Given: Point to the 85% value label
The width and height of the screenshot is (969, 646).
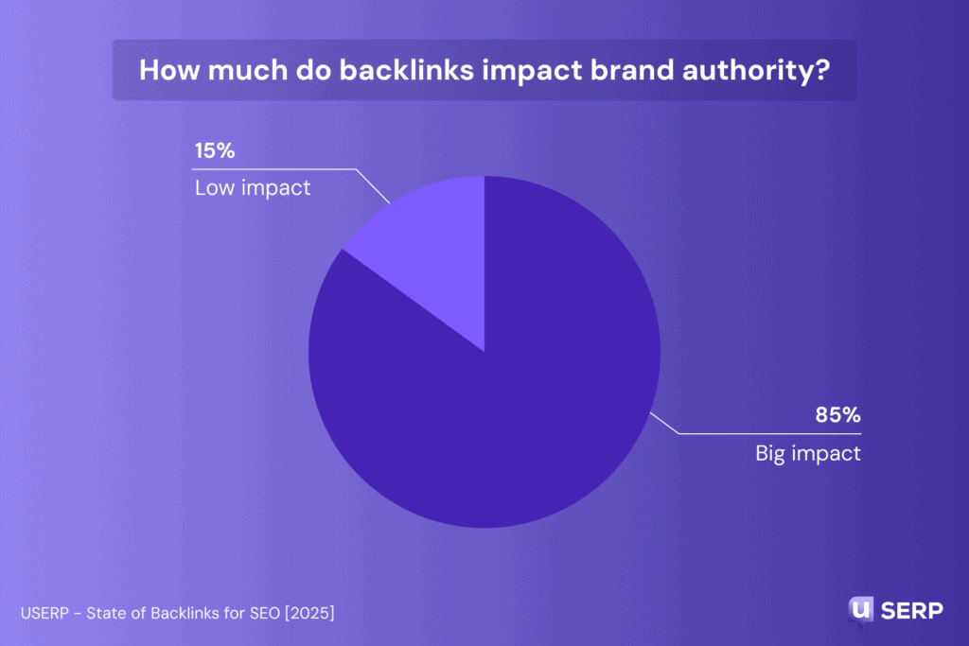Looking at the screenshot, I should (837, 415).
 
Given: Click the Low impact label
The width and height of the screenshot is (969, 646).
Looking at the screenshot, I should (253, 187).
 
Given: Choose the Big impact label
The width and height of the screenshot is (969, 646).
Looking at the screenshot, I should (807, 453).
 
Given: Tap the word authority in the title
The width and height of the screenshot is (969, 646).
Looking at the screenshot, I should (758, 70).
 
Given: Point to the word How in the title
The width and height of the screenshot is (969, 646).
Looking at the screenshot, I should (166, 70).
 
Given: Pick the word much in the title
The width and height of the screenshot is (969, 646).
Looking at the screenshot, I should (236, 70).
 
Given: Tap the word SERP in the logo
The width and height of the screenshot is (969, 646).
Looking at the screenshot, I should (912, 610).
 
